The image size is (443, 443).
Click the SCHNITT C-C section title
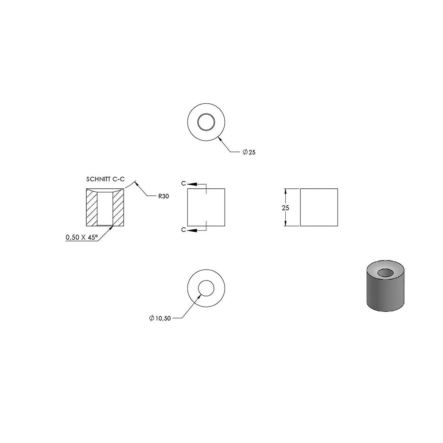[x=105, y=179]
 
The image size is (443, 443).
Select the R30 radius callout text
[x=163, y=196]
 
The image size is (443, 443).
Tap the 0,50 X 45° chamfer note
[x=82, y=237]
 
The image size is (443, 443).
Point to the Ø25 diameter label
[x=249, y=152]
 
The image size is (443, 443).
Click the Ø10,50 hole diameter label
[x=160, y=319]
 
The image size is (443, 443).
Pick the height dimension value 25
[x=285, y=208]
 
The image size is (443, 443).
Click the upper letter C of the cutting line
[x=184, y=184]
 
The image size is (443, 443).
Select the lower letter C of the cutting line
[x=184, y=230]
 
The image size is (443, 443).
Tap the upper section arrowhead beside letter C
[x=192, y=184]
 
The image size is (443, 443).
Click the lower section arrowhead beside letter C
[x=192, y=230]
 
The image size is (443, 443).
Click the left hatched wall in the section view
[x=92, y=209]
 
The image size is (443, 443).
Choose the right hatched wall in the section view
[x=118, y=209]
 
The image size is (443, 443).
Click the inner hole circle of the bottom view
[x=206, y=280]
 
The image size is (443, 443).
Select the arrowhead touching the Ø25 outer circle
[x=221, y=139]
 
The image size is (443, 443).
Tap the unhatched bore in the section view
[x=105, y=209]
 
